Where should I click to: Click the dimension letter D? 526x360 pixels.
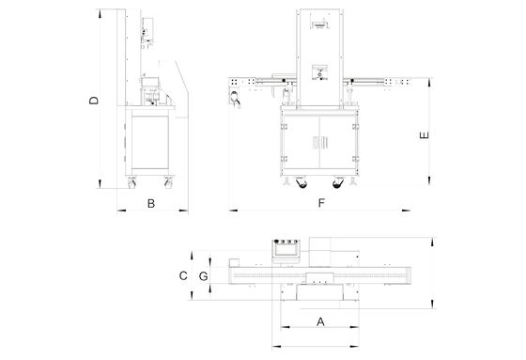coord(94,101)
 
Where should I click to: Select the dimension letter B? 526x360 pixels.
coord(151,204)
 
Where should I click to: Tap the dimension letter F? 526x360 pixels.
coord(321,203)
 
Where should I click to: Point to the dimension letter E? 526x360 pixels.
coord(425,135)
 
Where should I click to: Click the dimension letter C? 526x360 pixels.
coord(183,275)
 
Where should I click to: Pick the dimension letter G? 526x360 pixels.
coord(203,276)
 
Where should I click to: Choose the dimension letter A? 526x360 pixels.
coord(320,321)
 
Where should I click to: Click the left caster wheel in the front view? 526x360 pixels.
coord(302,182)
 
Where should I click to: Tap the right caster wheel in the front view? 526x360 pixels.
coord(338,182)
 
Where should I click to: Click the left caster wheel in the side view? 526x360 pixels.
coord(131,182)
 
